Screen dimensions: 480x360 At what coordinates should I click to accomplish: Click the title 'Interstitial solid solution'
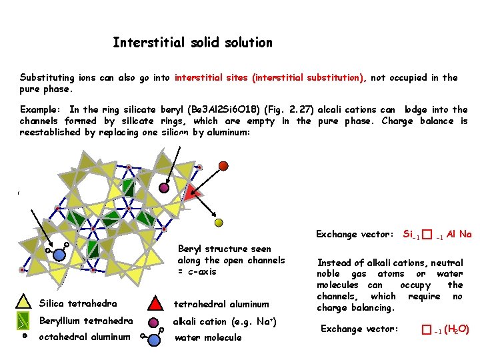(193, 43)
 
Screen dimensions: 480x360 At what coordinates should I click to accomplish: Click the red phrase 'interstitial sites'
(211, 78)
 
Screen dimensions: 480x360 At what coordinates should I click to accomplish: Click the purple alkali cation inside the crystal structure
(164, 188)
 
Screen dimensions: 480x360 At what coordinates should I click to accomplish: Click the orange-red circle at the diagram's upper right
(223, 165)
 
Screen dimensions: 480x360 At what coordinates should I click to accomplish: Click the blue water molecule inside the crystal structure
(59, 254)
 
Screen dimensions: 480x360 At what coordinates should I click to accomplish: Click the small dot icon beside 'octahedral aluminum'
(25, 337)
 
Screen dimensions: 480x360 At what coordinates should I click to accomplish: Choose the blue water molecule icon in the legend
(153, 338)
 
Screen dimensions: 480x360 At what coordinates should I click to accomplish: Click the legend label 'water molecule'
(207, 337)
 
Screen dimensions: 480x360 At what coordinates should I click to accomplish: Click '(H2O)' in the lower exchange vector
(457, 329)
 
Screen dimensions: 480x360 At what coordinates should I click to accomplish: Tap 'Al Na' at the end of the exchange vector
(459, 234)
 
